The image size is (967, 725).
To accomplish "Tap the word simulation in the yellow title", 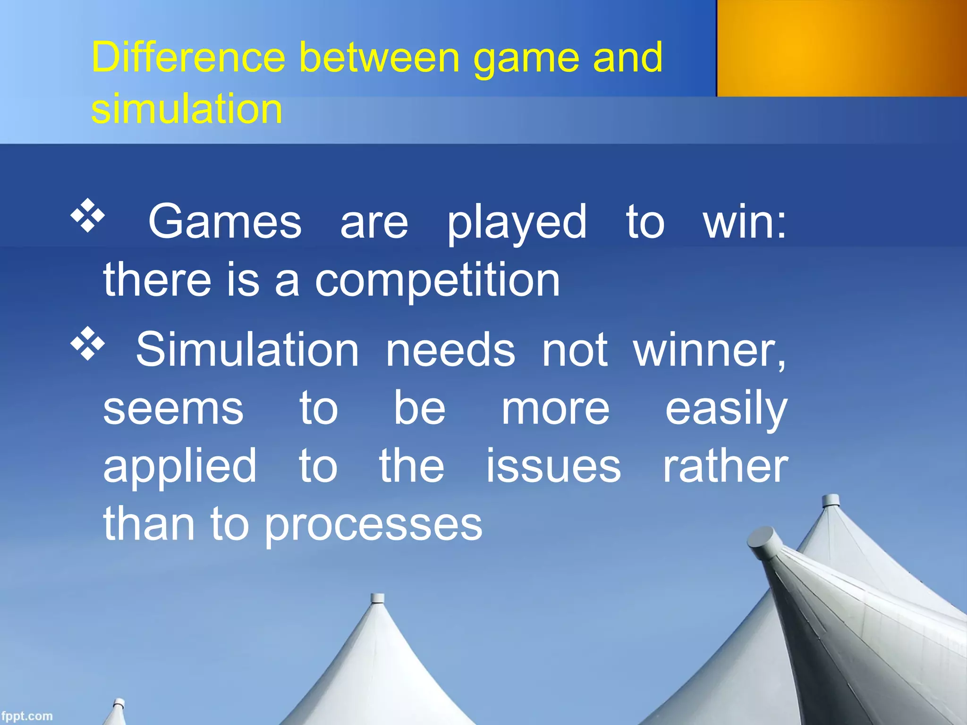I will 187,109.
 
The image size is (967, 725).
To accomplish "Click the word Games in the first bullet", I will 225,221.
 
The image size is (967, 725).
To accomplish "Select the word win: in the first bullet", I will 745,221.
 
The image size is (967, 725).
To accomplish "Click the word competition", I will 437,281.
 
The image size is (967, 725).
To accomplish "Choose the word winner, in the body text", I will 710,351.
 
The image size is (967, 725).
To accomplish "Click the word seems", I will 173,409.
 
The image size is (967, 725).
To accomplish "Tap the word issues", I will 553,466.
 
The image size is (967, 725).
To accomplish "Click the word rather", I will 725,466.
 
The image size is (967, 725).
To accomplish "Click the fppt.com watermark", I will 27,716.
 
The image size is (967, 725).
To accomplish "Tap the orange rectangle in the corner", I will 841,48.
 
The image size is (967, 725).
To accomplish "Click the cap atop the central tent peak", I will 377,598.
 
